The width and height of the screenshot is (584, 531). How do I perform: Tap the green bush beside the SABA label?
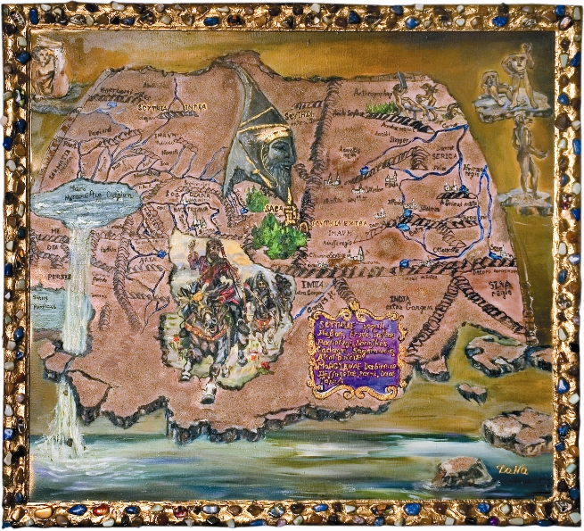(281, 235)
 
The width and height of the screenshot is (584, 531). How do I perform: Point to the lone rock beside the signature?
(462, 472)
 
